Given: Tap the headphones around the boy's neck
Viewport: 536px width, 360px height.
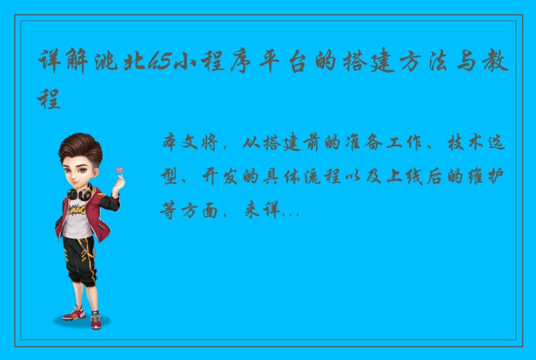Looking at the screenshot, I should tap(79, 191).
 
